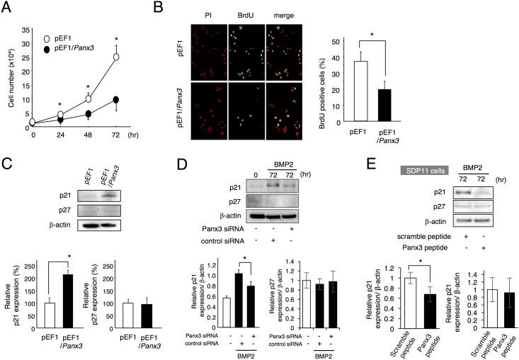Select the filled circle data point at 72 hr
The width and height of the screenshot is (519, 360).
coord(116,100)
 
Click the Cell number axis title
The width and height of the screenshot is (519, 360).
coord(8,77)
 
